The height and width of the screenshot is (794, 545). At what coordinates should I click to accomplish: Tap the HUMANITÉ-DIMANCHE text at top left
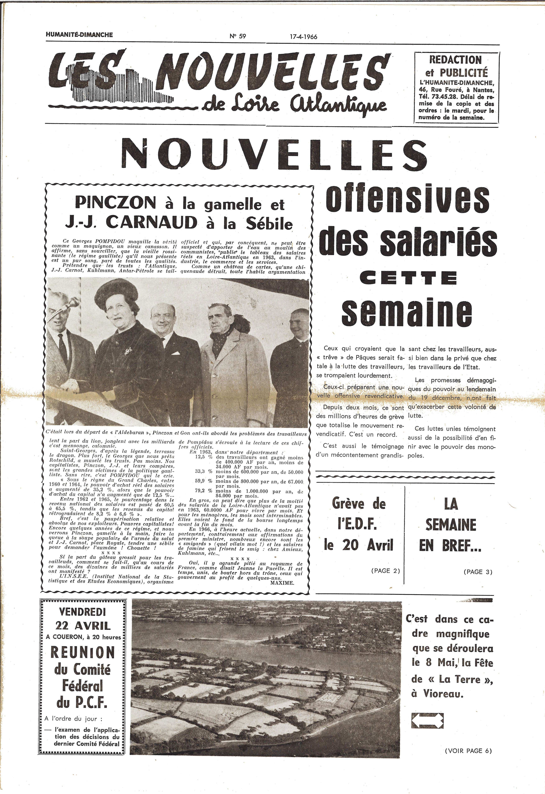pos(79,35)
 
